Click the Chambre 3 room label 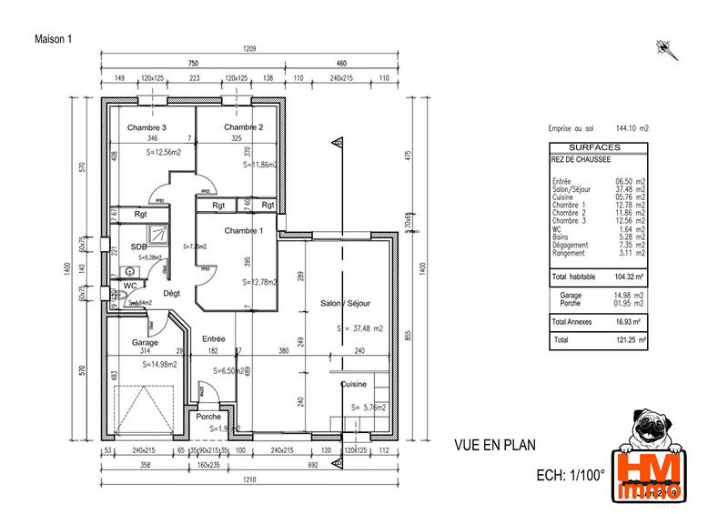point(147,127)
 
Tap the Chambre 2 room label point(243,127)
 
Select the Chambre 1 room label point(243,231)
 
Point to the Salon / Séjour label point(344,303)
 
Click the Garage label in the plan point(145,343)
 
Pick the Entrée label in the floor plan point(214,338)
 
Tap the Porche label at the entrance point(208,418)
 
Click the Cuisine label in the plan point(354,385)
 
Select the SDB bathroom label point(138,247)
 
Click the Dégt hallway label point(171,293)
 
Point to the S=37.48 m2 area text point(359,328)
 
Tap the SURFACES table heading point(594,147)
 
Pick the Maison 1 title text point(52,38)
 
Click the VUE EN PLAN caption point(494,446)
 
